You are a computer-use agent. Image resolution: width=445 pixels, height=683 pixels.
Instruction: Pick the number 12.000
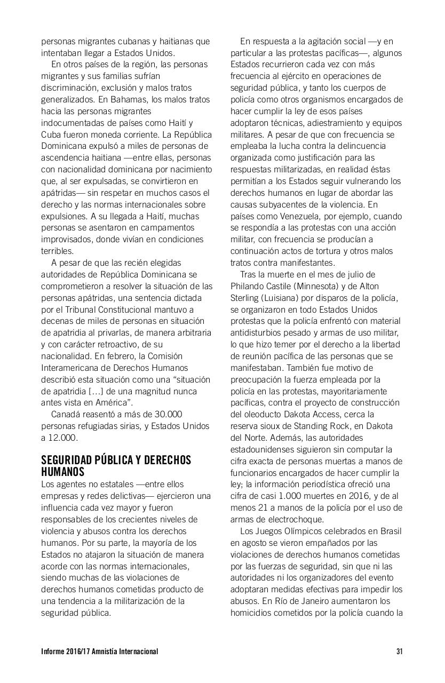pos(63,438)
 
